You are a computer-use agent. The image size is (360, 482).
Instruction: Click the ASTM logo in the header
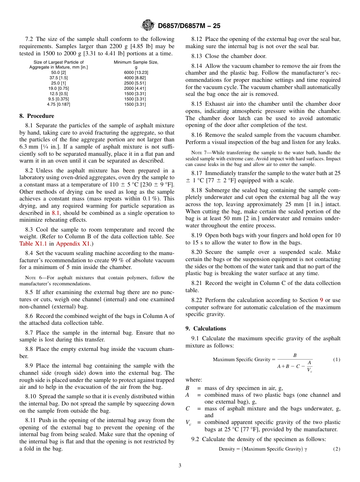tap(148, 25)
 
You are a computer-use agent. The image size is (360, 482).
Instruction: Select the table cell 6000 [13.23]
tap(136, 72)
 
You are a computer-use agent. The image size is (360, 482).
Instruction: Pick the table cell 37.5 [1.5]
tap(58, 78)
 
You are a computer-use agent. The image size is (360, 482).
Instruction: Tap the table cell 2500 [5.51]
tap(136, 83)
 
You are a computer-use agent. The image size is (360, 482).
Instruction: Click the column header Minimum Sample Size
tap(136, 62)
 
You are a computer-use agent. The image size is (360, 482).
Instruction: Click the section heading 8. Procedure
tap(37, 116)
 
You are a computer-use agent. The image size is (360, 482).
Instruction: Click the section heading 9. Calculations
tap(205, 329)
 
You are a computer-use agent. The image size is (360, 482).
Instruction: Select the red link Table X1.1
tap(32, 244)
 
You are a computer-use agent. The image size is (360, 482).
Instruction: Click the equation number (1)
tap(337, 359)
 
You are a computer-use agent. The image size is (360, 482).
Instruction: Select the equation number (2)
tap(337, 449)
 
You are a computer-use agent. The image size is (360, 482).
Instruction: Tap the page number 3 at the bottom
tap(180, 466)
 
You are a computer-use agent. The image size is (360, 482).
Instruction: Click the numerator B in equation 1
tap(295, 355)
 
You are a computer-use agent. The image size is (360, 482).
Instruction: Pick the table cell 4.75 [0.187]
tap(58, 104)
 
